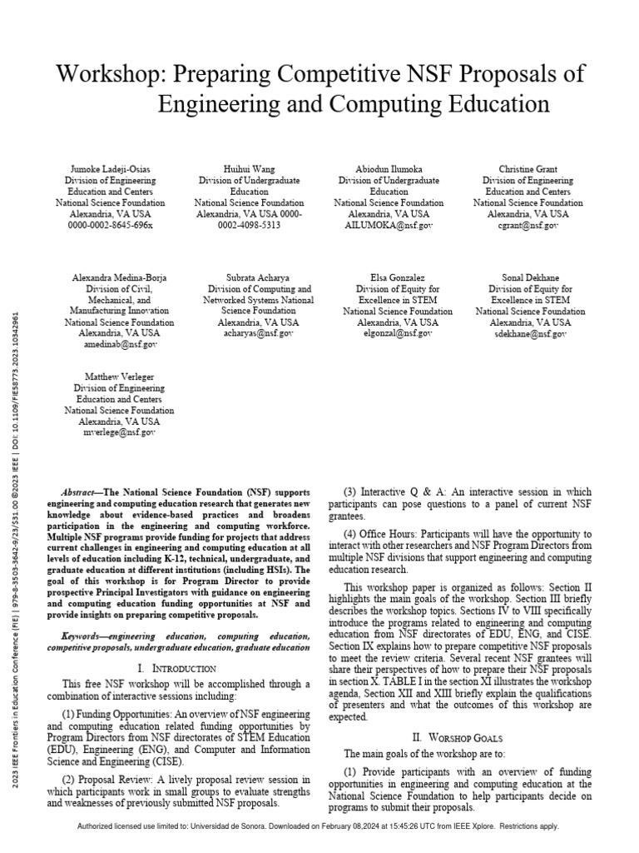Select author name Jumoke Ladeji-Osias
point(110,169)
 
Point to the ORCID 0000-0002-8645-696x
point(110,226)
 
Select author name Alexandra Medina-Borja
point(119,277)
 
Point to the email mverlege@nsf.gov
point(119,432)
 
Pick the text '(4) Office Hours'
point(379,534)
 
